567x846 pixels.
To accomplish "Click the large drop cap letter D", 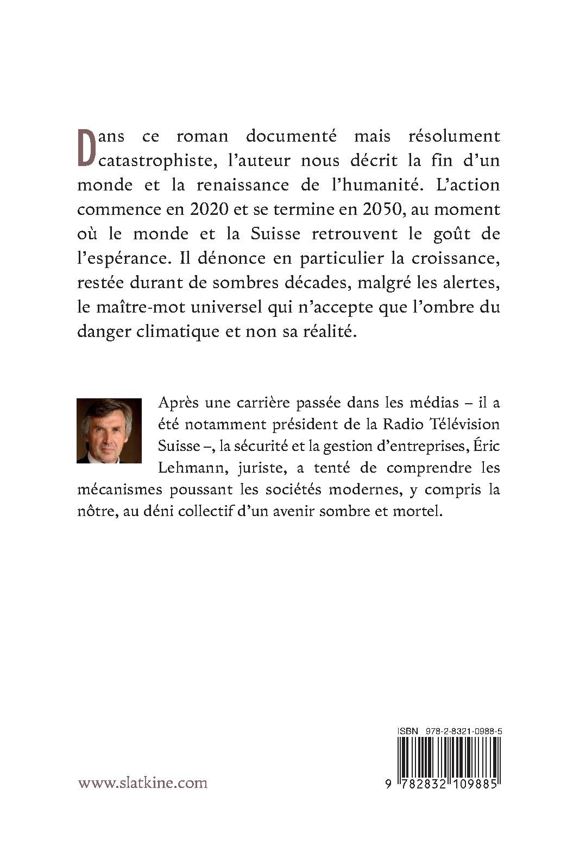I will pyautogui.click(x=89, y=148).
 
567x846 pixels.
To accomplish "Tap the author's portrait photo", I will pyautogui.click(x=109, y=431).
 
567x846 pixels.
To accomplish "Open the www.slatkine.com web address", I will pyautogui.click(x=143, y=783).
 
